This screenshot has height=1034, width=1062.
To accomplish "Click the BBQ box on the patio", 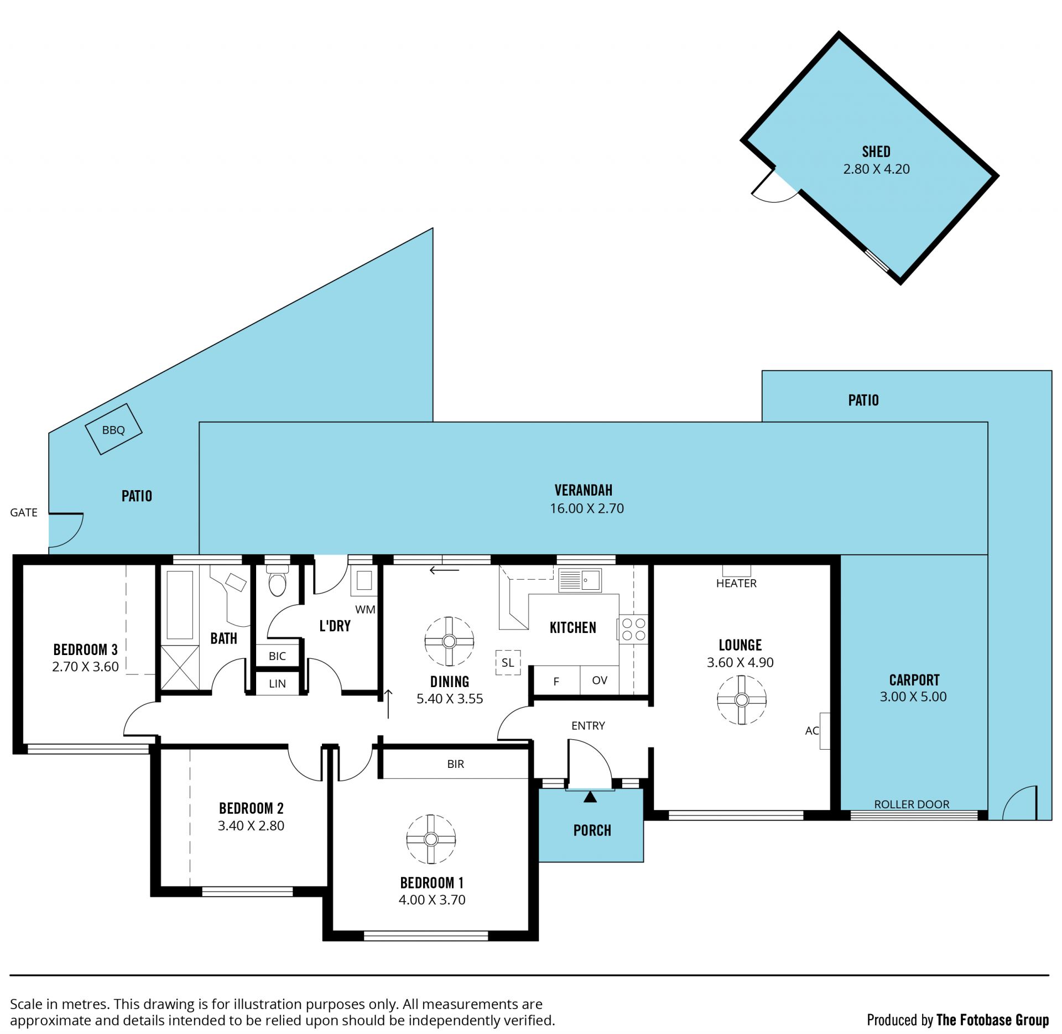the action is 113,429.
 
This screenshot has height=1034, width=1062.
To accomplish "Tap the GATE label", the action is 24,512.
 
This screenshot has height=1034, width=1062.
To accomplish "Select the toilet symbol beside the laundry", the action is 277,580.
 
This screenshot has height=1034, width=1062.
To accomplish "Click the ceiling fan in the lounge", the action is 742,700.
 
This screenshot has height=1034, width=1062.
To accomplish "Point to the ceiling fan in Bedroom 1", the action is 431,839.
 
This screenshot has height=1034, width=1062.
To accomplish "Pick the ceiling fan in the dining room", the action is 449,641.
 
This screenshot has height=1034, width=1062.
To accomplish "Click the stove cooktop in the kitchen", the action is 633,629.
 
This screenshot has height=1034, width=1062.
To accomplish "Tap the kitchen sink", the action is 580,580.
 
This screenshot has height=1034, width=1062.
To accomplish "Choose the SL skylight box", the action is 508,662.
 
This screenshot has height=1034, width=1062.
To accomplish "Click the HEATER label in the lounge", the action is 736,583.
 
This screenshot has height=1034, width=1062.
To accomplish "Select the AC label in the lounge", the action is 811,731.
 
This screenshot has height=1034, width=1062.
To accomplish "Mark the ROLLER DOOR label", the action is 912,804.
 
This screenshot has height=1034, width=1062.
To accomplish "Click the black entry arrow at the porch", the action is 590,797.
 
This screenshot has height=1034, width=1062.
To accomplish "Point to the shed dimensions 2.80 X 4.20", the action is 876,169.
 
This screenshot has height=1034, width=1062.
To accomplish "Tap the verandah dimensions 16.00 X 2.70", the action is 586,508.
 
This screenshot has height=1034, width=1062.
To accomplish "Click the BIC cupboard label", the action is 277,656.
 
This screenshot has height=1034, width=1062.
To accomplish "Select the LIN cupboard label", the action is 277,684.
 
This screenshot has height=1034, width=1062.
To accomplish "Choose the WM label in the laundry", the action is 365,610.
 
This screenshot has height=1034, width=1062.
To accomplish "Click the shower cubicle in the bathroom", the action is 180,668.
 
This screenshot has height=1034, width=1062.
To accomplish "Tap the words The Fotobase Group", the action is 992,1020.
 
